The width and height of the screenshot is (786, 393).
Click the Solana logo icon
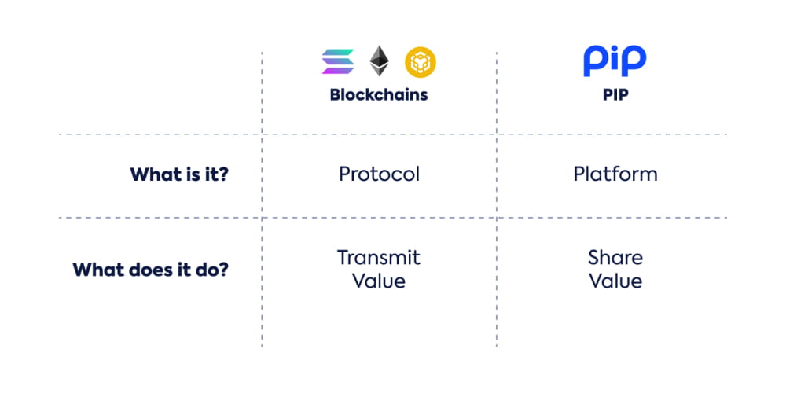(338, 61)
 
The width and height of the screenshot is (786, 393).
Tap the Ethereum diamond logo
(380, 61)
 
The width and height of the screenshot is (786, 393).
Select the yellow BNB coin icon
(420, 61)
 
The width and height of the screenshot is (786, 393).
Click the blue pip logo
(615, 61)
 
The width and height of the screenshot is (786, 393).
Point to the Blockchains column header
(379, 95)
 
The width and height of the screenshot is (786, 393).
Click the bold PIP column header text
(615, 95)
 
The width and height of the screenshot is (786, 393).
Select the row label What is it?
(179, 174)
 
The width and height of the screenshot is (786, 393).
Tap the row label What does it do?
(150, 270)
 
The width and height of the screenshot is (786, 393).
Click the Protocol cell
(379, 174)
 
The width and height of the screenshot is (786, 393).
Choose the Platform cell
(615, 174)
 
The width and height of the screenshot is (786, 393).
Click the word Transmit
(379, 258)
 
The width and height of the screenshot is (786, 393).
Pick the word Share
(615, 258)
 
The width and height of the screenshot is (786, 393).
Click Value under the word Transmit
(379, 281)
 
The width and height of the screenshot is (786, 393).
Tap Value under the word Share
(615, 281)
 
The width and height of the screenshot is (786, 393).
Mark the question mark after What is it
(223, 174)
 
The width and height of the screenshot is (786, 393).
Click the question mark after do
(223, 270)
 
